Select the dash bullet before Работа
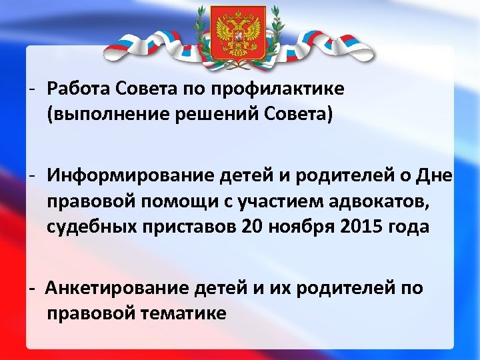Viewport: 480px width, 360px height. pos(31,89)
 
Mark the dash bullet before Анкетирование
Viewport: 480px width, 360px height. pos(31,289)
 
